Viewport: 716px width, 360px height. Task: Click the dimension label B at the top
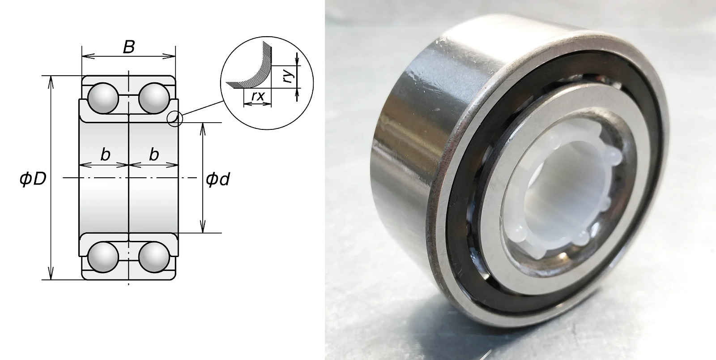(x=129, y=47)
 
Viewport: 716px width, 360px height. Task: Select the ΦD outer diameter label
(x=33, y=179)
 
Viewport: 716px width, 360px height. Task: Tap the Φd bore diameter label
(x=217, y=179)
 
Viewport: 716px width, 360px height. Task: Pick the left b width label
(x=105, y=155)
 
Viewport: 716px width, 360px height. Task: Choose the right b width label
(x=154, y=155)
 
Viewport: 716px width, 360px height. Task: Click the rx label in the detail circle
(x=258, y=95)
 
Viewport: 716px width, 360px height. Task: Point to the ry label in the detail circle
(x=289, y=76)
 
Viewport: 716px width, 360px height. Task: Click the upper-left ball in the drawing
(x=103, y=99)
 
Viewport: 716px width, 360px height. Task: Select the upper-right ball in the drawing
(x=154, y=99)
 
